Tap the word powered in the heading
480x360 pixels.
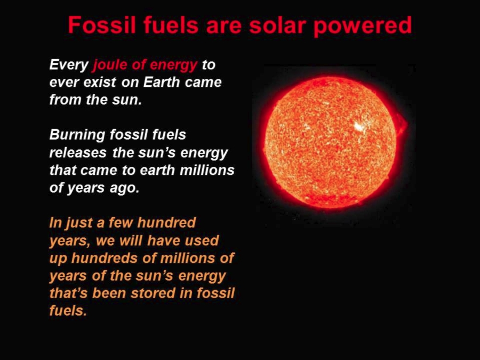(x=363, y=26)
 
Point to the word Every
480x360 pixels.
(x=69, y=65)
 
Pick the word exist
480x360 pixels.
(x=100, y=82)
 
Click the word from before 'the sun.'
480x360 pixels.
(x=65, y=100)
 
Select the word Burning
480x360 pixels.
(x=77, y=135)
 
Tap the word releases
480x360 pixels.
(x=78, y=153)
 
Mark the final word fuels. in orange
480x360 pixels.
(x=68, y=310)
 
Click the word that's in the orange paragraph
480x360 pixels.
(x=69, y=293)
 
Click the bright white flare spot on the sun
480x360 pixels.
(x=358, y=126)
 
